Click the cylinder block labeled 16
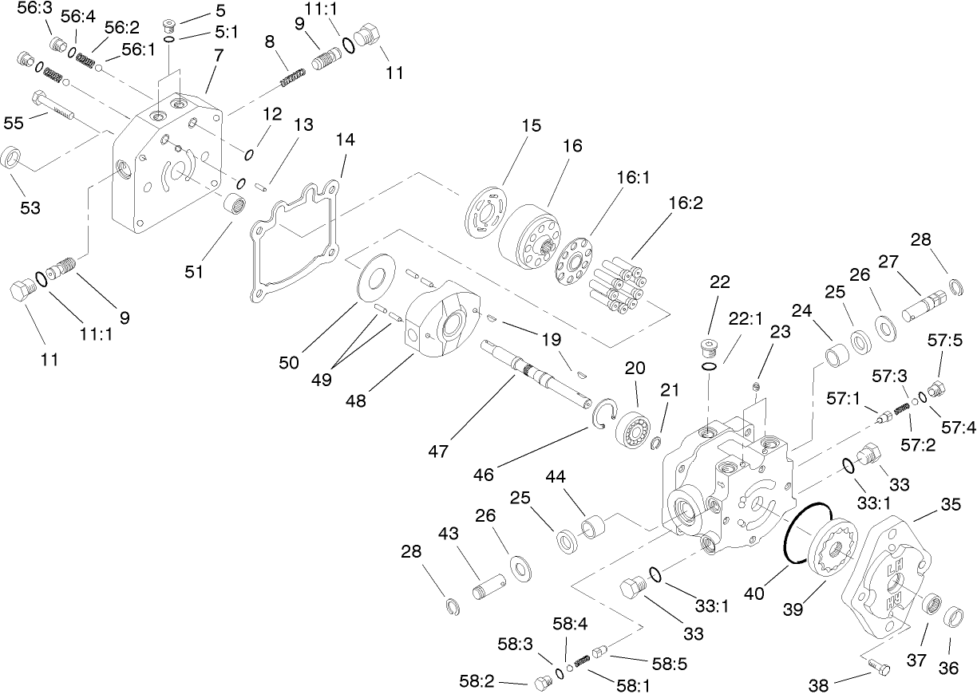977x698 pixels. point(531,231)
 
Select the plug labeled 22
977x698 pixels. point(708,348)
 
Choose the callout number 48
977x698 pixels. point(356,400)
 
